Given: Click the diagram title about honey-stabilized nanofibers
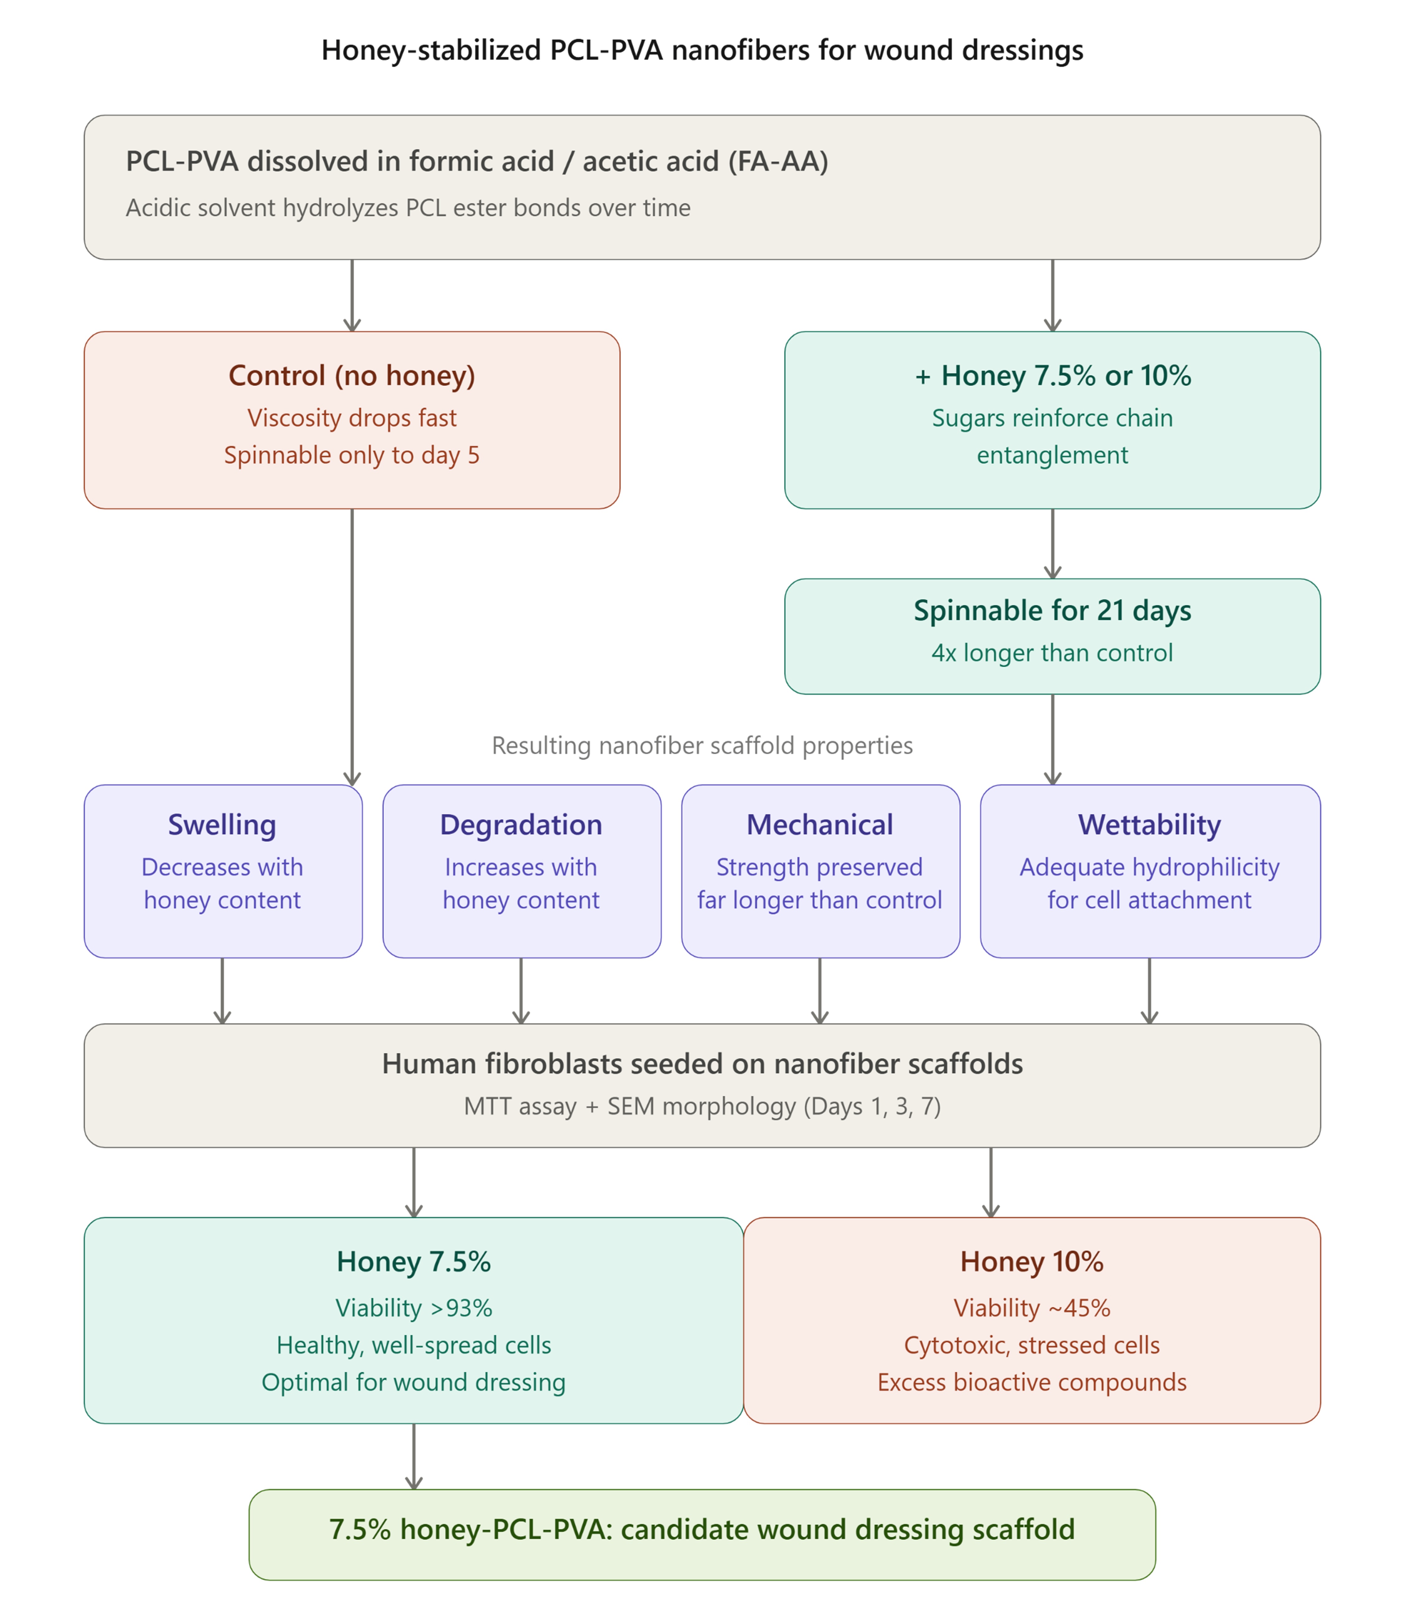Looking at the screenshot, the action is (702, 50).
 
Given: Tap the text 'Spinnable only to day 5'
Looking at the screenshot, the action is (352, 455).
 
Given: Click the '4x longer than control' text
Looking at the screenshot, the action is (1052, 653).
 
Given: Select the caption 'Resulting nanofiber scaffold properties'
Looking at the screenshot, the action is (702, 745).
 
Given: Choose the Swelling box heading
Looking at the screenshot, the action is (223, 825).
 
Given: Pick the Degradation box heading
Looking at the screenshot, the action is (521, 825).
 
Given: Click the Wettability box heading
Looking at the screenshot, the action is (1149, 825).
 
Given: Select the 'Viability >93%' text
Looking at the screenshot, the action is (414, 1308).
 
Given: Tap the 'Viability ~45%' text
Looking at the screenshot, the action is (1032, 1308).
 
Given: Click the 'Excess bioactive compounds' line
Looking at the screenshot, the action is (1032, 1382).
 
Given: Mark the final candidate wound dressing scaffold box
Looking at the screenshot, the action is (702, 1535).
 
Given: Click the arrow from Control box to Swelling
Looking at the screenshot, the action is (352, 647).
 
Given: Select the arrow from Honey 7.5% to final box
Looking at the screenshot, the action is (414, 1457).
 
